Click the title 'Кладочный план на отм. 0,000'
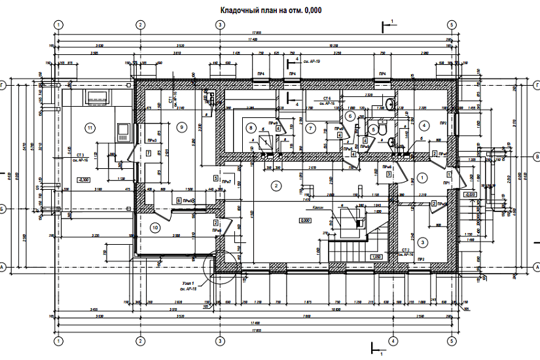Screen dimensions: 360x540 click(x=269, y=10)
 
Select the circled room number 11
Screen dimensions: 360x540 click(x=90, y=127)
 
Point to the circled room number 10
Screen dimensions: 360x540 click(x=155, y=228)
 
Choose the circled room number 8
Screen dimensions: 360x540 click(x=249, y=127)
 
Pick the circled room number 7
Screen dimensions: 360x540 click(x=311, y=128)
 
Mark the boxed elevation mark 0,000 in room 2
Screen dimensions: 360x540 click(x=304, y=221)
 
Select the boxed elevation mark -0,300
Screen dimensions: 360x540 click(x=84, y=179)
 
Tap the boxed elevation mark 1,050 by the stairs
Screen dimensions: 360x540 click(x=376, y=257)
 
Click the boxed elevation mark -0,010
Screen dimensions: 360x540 click(x=469, y=194)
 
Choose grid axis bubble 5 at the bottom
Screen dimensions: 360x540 click(x=452, y=342)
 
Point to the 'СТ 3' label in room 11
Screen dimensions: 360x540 click(x=81, y=154)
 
